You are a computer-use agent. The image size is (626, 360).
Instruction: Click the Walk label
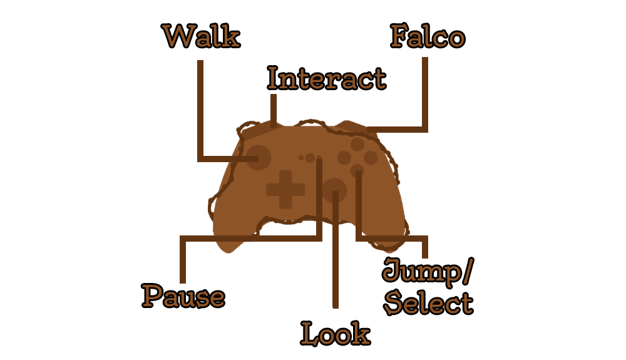click(201, 36)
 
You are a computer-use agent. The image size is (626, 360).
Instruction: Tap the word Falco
click(428, 36)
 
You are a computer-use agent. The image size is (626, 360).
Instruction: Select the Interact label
click(327, 78)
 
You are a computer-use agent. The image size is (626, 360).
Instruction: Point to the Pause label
click(183, 296)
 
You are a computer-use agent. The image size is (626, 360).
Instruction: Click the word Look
click(336, 333)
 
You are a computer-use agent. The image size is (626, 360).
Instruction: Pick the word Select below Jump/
click(428, 303)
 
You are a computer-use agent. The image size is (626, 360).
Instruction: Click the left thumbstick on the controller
click(259, 158)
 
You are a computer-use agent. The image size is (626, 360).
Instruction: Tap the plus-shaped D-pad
click(285, 190)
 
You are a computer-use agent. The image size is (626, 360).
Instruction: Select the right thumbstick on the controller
click(334, 190)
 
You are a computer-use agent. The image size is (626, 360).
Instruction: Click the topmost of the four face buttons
click(357, 144)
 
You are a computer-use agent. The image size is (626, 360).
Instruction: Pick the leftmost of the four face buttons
click(344, 158)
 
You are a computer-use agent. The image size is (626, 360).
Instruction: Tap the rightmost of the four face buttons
click(371, 158)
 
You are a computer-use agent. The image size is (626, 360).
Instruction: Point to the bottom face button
click(357, 171)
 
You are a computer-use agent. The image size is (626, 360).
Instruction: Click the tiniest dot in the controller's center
click(301, 158)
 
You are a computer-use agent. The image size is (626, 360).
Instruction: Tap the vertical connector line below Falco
click(425, 94)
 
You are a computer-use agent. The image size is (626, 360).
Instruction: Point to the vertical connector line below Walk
click(200, 111)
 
